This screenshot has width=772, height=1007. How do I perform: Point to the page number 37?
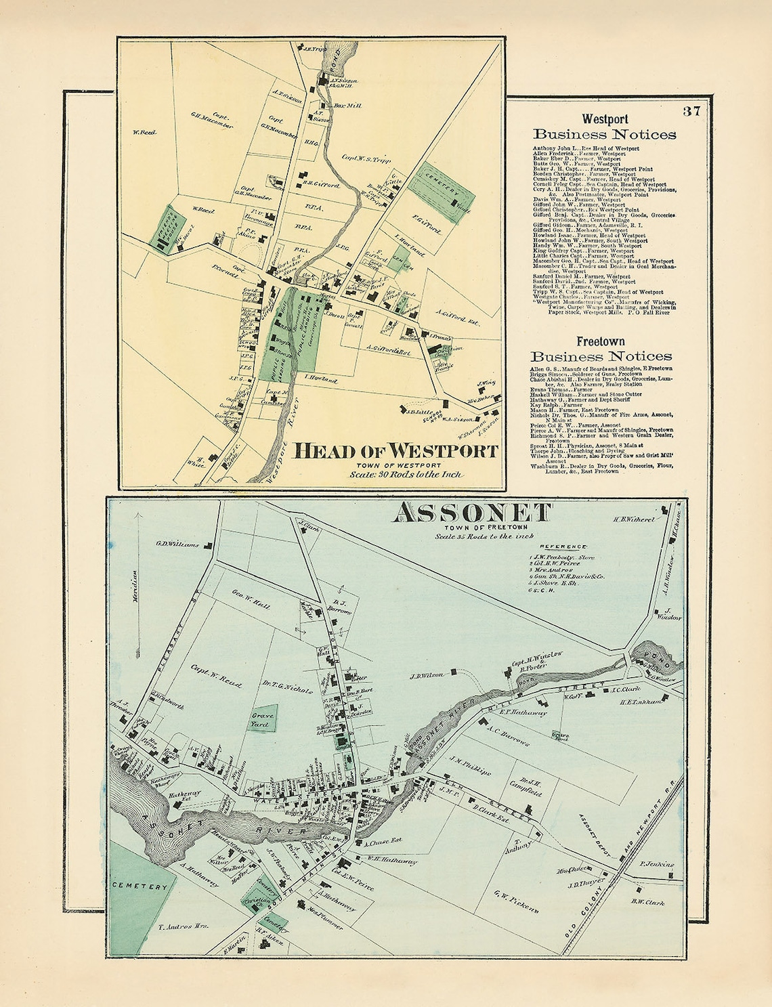coord(691,112)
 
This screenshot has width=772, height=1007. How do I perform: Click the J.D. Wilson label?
coord(426,675)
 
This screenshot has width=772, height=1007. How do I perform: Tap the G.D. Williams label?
coord(175,544)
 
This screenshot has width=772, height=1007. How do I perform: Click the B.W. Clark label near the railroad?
coord(647,901)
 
